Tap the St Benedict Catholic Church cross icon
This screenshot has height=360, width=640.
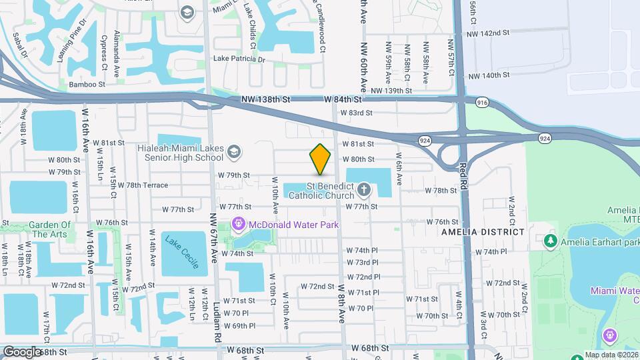click(364, 190)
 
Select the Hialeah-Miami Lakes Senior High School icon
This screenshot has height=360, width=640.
click(233, 153)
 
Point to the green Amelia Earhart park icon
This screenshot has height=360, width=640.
click(550, 240)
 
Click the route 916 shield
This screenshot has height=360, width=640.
click(483, 102)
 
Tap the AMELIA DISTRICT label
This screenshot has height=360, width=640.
click(483, 231)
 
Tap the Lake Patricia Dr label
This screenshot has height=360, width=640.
click(239, 59)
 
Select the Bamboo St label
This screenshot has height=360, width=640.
click(87, 85)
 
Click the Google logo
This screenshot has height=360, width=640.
click(22, 351)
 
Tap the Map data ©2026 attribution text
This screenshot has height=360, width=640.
click(612, 355)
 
